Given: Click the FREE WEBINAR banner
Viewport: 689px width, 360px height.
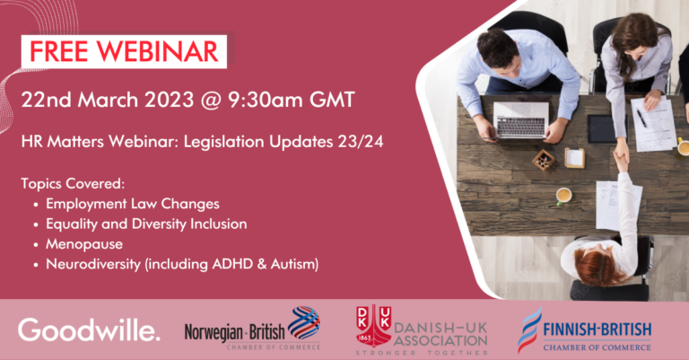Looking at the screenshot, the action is click(x=124, y=51).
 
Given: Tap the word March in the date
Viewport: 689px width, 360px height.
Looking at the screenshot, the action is click(x=108, y=101).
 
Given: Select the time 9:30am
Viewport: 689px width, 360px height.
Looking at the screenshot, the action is click(x=265, y=101).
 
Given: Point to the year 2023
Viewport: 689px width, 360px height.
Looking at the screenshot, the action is click(x=170, y=101).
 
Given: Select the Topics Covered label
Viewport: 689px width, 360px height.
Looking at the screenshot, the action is click(x=73, y=184).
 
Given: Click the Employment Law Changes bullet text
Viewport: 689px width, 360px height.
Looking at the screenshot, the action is click(x=133, y=204).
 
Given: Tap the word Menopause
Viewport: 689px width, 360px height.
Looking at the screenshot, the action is click(x=84, y=244).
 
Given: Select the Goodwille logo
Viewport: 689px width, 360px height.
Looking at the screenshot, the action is click(x=89, y=330).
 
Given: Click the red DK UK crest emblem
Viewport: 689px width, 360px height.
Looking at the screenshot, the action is click(x=373, y=326).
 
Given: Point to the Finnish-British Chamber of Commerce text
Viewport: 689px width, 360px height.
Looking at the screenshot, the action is click(x=597, y=337).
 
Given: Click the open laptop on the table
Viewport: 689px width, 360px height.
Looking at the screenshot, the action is click(x=521, y=120).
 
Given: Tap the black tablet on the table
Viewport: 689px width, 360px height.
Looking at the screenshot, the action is click(x=607, y=128).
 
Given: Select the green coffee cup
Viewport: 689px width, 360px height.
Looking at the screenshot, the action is click(x=563, y=196).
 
